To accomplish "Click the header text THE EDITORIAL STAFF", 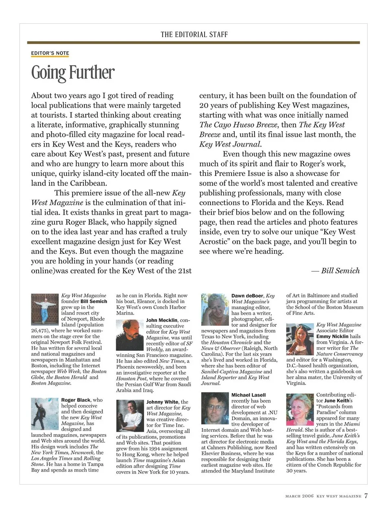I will [x=194, y=35].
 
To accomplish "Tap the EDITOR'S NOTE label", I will [x=50, y=53].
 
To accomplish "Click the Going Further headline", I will [x=73, y=73].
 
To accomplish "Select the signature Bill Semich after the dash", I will [x=340, y=271].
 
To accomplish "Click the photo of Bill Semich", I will [x=45, y=309].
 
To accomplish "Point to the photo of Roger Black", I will [x=45, y=414].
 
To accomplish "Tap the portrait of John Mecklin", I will [x=130, y=335].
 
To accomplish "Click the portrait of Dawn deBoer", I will [x=215, y=309].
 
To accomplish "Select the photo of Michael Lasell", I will [x=215, y=408].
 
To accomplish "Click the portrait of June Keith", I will [x=300, y=409].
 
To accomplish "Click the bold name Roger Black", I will [x=76, y=400].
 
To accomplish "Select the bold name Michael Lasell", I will [x=248, y=395].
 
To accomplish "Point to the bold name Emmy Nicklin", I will [x=332, y=336].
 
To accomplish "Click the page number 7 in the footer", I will [x=366, y=496].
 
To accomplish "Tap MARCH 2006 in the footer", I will [x=299, y=496].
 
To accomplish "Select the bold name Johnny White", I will [x=163, y=402].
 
